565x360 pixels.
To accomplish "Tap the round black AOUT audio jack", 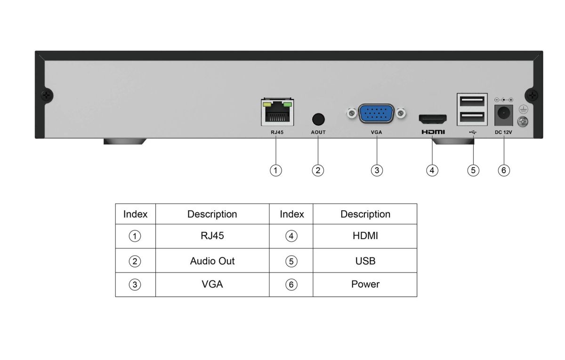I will point(318,118).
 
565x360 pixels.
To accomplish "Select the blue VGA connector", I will point(376,113).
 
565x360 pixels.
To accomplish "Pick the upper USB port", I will point(471,101).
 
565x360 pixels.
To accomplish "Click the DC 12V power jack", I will point(503,113).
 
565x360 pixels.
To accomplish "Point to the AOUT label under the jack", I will point(318,133).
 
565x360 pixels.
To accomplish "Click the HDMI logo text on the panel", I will point(432,133).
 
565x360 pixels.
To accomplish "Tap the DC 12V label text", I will point(503,133).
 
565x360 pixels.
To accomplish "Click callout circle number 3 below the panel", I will point(376,170).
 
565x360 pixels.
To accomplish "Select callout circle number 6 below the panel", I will point(503,170).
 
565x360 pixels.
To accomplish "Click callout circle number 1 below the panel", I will point(276,170).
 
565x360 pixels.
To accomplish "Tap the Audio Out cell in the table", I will point(212,261).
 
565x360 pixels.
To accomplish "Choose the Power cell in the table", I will point(365,284).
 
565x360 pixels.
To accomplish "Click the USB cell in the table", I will point(365,261).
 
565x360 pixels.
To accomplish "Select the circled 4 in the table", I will point(291,236).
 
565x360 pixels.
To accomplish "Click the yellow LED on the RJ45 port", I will point(267,103).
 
